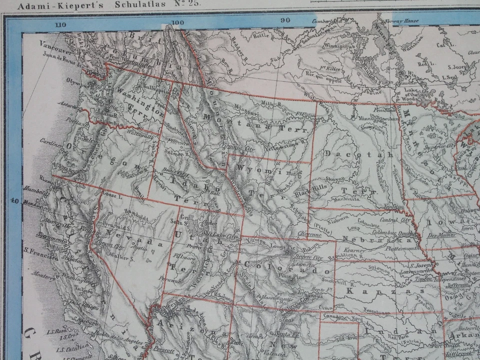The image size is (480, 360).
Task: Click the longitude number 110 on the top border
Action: click(61, 24)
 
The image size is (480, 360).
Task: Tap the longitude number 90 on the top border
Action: click(285, 20)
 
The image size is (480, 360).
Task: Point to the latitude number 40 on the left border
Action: click(14, 201)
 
